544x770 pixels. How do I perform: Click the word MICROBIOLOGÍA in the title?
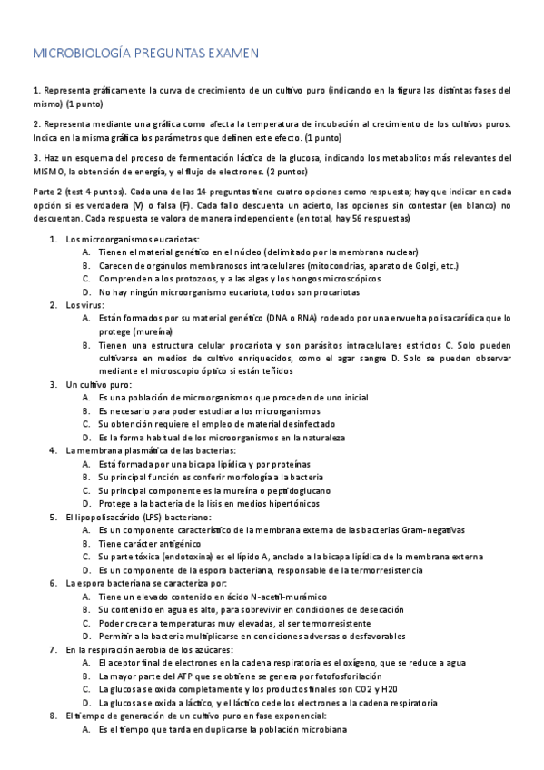click(x=81, y=54)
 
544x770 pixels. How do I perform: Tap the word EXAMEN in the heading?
click(x=229, y=54)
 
